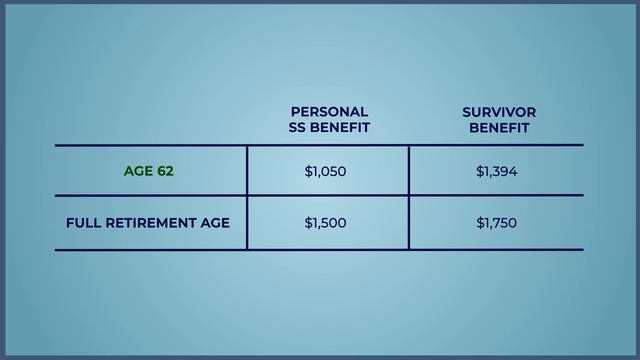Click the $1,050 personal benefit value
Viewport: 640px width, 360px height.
click(325, 171)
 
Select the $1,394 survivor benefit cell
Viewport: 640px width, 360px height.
click(496, 171)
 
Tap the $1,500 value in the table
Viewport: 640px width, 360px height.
click(325, 223)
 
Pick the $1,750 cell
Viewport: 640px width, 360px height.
click(496, 223)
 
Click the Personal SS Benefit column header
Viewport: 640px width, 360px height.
click(329, 120)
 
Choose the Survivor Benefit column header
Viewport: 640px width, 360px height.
click(499, 120)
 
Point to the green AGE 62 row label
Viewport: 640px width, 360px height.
click(148, 171)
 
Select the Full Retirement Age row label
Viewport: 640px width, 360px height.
click(148, 223)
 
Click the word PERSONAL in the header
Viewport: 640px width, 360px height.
click(329, 112)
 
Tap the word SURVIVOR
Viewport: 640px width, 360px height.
click(499, 112)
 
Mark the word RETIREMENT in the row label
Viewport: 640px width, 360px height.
click(148, 223)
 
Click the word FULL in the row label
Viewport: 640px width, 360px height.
click(82, 223)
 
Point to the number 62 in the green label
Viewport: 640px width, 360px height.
click(164, 171)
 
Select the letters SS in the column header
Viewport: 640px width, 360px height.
click(298, 128)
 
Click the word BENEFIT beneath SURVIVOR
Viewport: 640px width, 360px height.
click(499, 128)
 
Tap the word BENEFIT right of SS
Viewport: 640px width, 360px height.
click(340, 128)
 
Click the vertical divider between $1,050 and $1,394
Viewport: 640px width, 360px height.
click(408, 171)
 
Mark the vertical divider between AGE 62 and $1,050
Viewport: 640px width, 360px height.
click(247, 171)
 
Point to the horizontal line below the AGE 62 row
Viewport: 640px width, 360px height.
click(320, 196)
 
